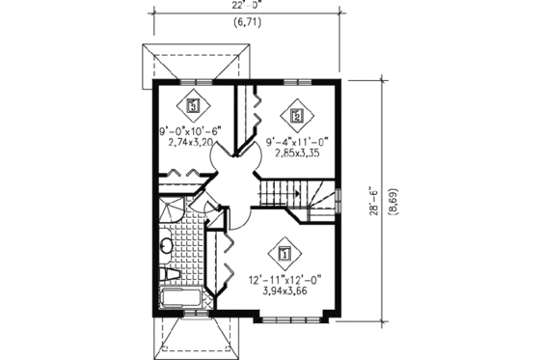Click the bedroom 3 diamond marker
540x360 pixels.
pyautogui.click(x=194, y=104)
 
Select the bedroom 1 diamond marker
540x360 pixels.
pyautogui.click(x=285, y=254)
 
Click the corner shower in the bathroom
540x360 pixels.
pyautogui.click(x=170, y=209)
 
